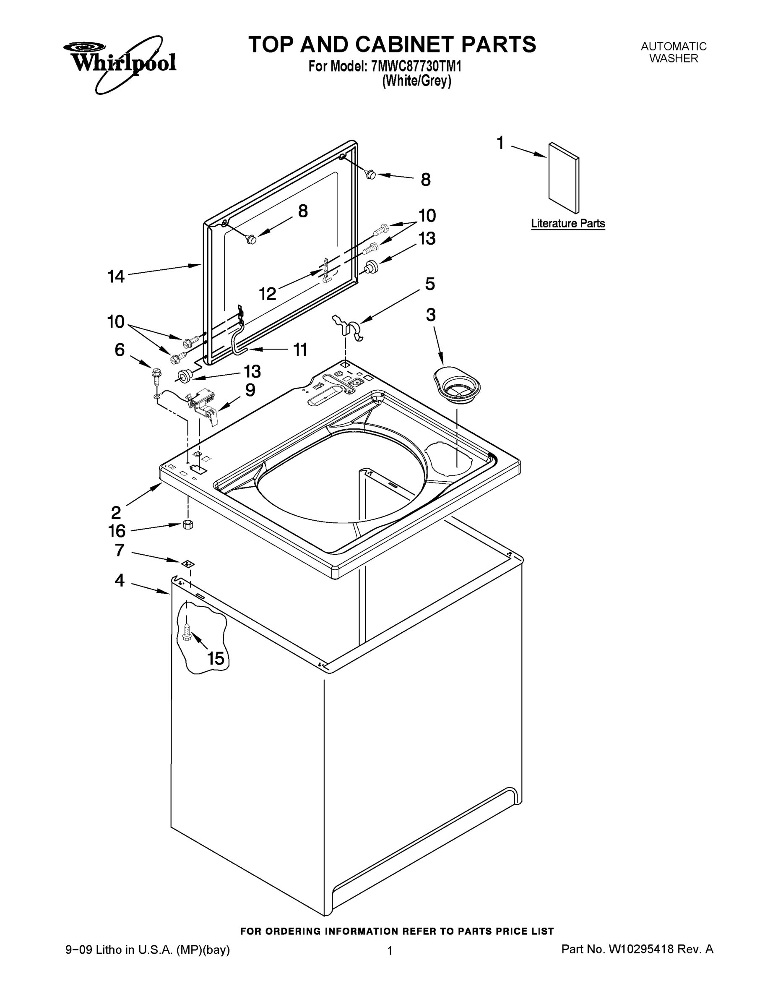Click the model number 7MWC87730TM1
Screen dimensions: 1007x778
(x=416, y=66)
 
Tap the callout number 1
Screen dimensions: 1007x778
(x=500, y=143)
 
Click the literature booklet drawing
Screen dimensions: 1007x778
(x=564, y=177)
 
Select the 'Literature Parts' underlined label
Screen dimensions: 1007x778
(x=567, y=224)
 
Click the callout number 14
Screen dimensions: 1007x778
(x=116, y=277)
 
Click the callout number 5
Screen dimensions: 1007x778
(x=429, y=284)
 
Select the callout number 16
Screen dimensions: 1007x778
(x=117, y=531)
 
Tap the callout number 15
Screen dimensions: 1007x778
(x=216, y=658)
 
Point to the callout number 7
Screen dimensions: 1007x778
(x=120, y=550)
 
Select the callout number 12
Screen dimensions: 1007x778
(x=267, y=294)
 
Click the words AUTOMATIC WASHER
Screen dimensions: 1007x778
(x=674, y=52)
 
